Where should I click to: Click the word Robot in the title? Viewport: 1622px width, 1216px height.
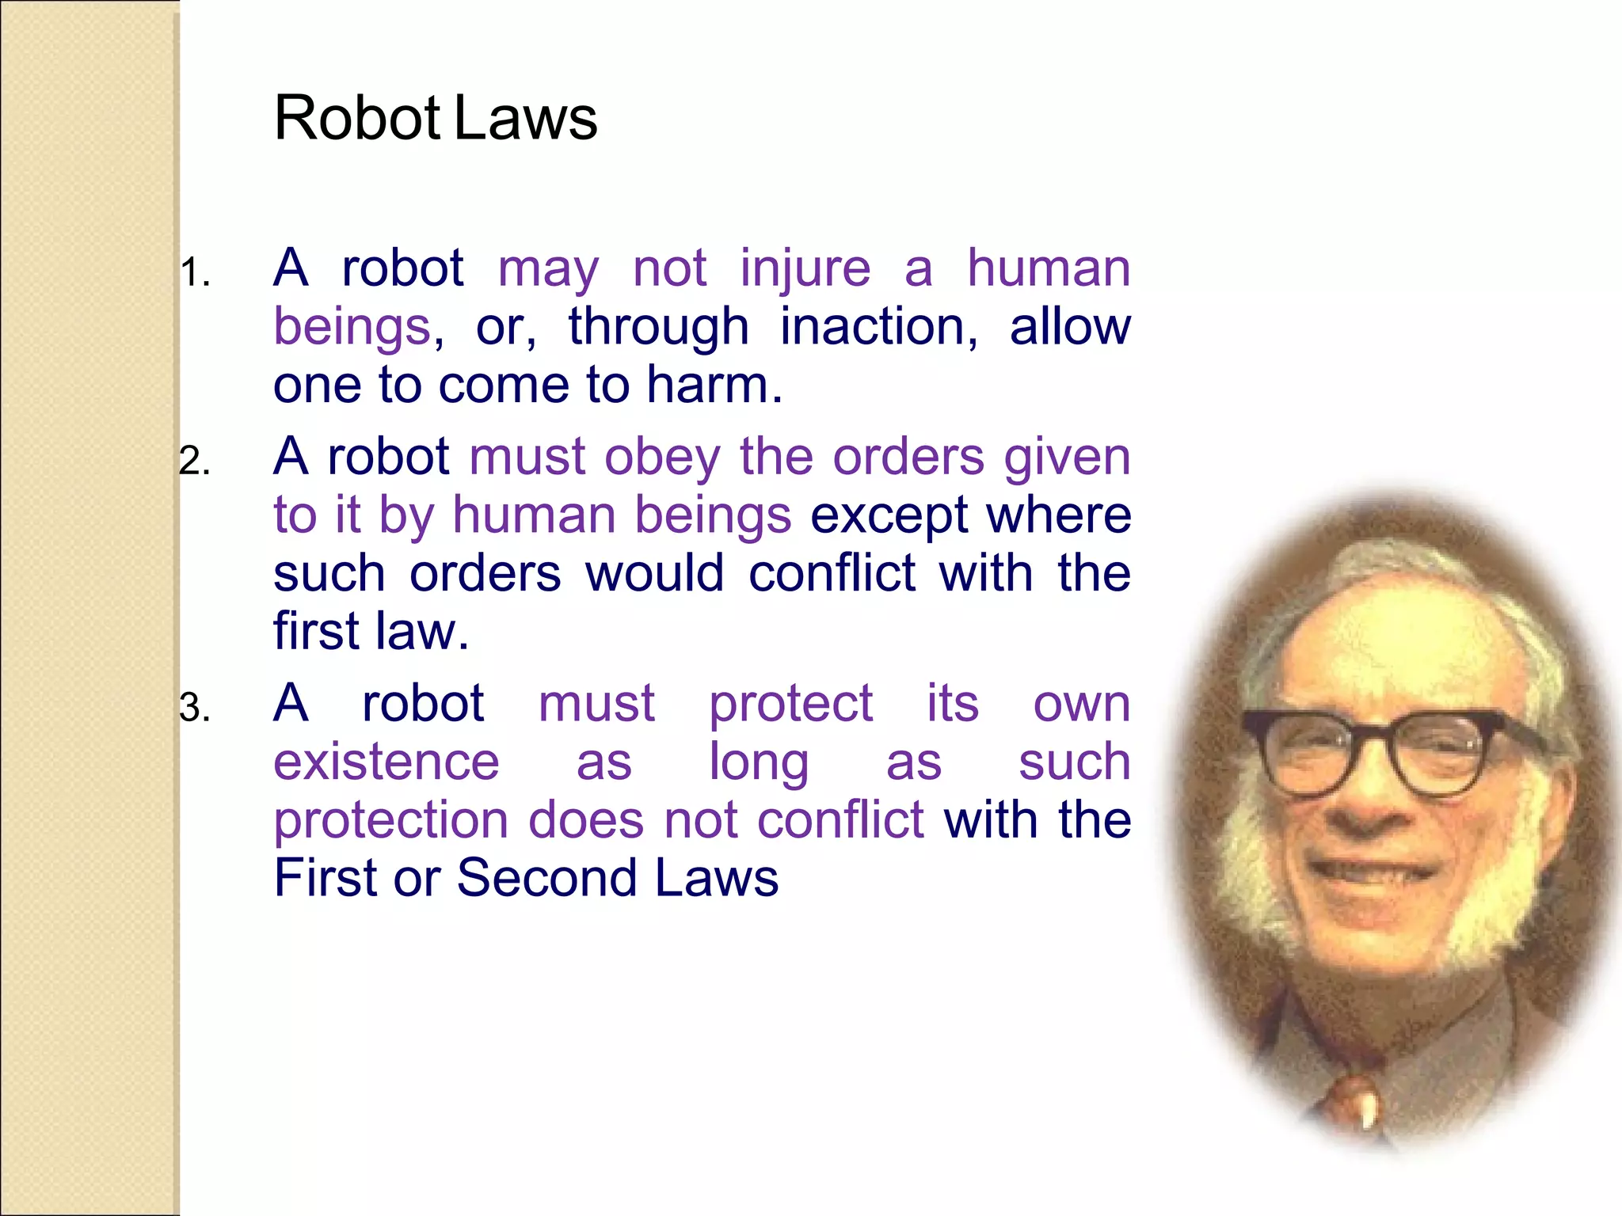coord(356,119)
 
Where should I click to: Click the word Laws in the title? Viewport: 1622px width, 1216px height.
coord(526,119)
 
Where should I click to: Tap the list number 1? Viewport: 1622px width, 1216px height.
coord(194,274)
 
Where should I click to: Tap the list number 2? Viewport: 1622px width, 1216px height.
coord(194,462)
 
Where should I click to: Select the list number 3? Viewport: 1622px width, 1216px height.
coord(194,708)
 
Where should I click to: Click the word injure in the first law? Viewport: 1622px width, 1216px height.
coord(805,269)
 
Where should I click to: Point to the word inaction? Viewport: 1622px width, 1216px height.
coord(878,327)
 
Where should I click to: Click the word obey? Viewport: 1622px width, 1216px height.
coord(662,458)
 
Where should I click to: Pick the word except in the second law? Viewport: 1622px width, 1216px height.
coord(889,516)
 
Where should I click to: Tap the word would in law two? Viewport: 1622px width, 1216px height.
coord(655,574)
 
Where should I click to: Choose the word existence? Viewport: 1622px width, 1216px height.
coord(386,762)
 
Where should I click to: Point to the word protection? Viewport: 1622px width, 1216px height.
coord(391,821)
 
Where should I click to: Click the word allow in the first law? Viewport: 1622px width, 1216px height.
coord(1070,327)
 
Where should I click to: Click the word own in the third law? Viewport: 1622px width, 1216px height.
coord(1082,704)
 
